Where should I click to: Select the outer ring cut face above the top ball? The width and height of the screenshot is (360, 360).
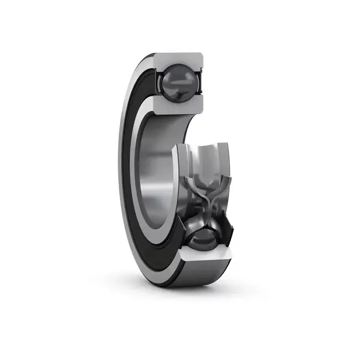(180, 61)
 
